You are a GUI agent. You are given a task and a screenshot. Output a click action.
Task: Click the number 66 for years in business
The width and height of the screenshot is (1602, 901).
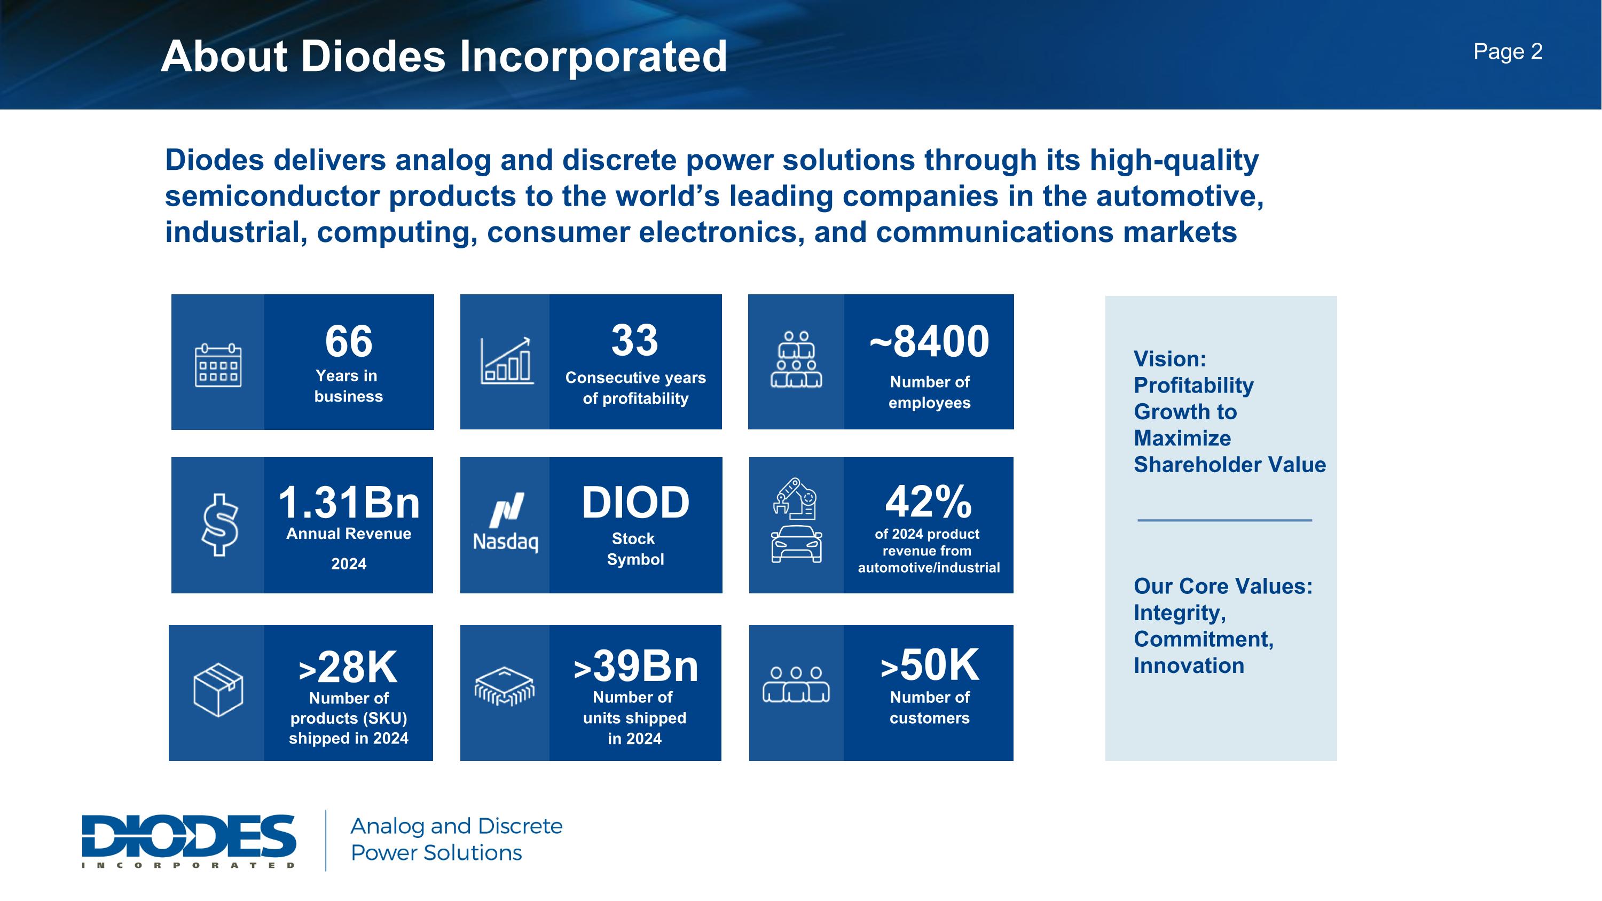pos(348,341)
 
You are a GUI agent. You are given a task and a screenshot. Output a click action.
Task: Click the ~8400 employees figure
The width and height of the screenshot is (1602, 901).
pos(929,341)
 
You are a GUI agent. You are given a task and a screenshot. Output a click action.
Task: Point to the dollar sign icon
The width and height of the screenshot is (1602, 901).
pos(219,524)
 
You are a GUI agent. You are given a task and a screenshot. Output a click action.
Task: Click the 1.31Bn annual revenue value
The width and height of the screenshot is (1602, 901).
pos(348,503)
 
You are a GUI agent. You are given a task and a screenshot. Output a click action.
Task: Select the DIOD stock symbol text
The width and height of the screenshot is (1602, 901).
pos(635,503)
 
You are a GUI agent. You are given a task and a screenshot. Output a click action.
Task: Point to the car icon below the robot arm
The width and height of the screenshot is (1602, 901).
pos(796,544)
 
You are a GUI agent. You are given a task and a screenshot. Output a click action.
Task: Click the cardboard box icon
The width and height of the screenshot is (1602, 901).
pos(218,690)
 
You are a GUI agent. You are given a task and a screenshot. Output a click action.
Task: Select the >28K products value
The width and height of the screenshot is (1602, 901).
pos(348,667)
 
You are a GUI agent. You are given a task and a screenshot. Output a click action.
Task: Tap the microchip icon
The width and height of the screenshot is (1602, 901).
pos(504,686)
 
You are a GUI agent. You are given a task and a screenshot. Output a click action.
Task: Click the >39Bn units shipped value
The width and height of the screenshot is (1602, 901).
pos(635,666)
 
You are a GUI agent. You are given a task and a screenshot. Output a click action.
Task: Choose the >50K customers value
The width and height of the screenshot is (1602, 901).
pos(929,665)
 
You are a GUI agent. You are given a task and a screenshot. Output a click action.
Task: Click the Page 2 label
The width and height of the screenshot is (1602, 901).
pos(1507,52)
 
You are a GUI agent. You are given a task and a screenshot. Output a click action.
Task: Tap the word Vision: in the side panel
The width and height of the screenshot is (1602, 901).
pos(1169,359)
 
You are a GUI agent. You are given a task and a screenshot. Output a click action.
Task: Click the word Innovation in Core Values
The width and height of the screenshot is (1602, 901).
pos(1189,665)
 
